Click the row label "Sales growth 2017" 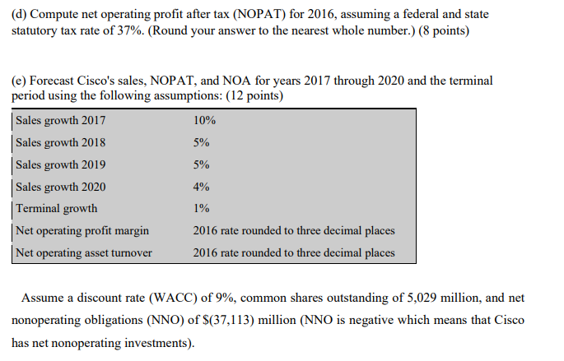click(60, 120)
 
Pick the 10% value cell click(204, 120)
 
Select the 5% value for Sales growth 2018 click(201, 142)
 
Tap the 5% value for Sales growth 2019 click(201, 164)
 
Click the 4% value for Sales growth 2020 click(201, 187)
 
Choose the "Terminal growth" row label click(56, 209)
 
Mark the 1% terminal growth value click(201, 209)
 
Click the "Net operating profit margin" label click(82, 231)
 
